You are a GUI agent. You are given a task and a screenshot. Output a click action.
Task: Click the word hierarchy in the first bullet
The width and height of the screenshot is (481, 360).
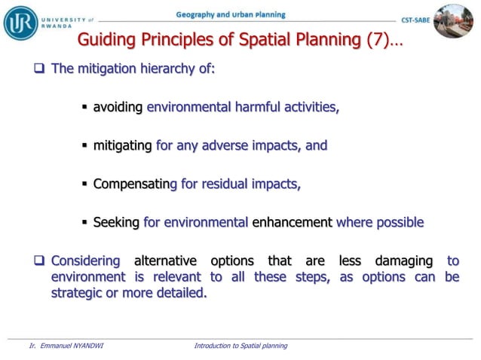(167, 70)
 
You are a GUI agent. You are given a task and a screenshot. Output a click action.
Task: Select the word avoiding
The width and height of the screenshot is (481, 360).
(118, 108)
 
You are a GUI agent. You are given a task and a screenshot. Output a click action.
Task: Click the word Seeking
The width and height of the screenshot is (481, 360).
(116, 222)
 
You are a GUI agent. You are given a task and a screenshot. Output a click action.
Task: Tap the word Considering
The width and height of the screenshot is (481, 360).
(86, 261)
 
